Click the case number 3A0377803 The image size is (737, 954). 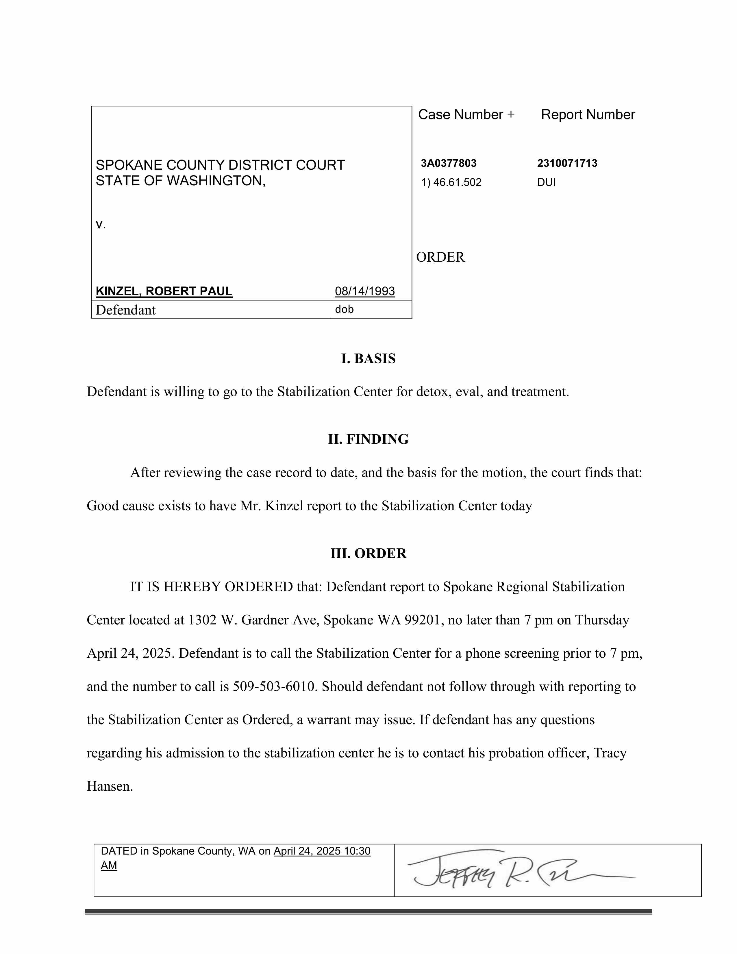(448, 163)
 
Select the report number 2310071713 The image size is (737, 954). (567, 163)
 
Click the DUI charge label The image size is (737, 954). (546, 183)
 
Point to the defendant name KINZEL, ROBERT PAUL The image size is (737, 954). (164, 291)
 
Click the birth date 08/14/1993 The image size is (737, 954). (364, 291)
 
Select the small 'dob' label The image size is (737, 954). (344, 309)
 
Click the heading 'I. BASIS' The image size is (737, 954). (368, 359)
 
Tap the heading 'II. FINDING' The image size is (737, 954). (368, 439)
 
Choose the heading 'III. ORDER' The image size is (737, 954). (368, 553)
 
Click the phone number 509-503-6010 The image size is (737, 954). (274, 687)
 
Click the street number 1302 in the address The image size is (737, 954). (202, 620)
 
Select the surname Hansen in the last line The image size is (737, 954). (109, 787)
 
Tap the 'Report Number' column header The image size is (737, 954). (588, 115)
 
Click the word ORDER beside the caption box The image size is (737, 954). (440, 257)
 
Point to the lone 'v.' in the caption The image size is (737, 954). (100, 225)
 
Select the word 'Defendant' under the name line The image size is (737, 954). (125, 310)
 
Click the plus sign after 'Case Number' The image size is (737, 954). (510, 115)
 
